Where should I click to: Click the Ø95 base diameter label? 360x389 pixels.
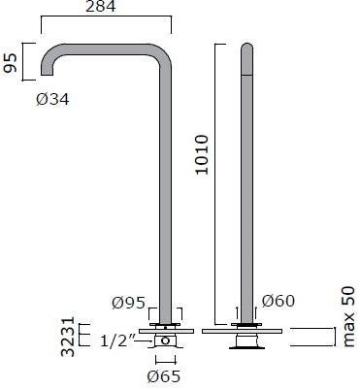[x=130, y=303]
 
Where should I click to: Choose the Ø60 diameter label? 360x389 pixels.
[x=275, y=303]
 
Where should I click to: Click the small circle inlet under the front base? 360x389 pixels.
[x=166, y=341]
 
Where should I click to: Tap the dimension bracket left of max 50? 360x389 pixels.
[x=311, y=337]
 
